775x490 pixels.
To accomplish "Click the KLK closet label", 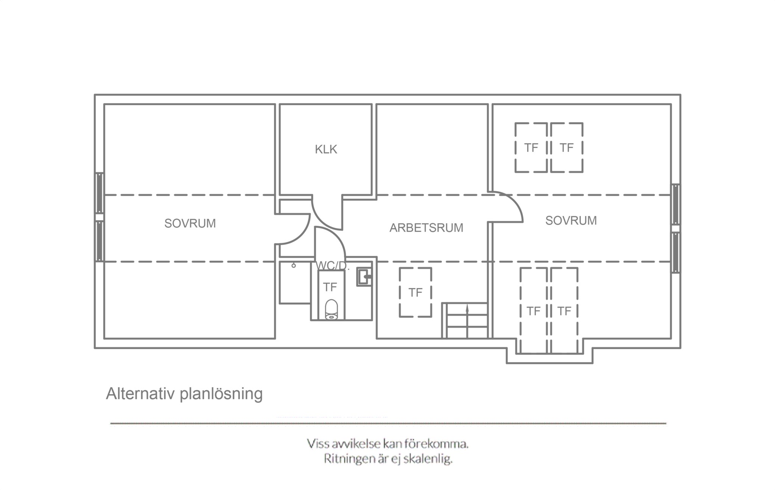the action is (x=326, y=149).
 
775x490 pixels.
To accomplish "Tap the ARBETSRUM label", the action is (x=426, y=228).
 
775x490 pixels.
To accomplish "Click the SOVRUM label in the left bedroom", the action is (x=190, y=224).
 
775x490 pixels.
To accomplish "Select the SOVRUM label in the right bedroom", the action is (x=571, y=221).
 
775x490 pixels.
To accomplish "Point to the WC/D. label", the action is (x=330, y=266).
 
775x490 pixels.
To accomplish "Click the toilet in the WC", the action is (x=331, y=309).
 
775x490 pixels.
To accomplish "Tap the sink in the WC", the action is (x=364, y=277).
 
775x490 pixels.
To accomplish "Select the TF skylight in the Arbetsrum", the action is (x=416, y=292).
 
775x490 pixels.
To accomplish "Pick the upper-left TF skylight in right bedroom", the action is (x=531, y=148).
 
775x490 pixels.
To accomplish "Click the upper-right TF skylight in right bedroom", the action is (x=566, y=148).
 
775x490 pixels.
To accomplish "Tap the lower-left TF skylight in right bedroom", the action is (x=534, y=311).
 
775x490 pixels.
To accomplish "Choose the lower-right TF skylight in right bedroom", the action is (x=564, y=311).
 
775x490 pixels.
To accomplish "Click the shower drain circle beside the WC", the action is (x=294, y=266).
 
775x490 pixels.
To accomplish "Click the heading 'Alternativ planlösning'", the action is (x=184, y=394).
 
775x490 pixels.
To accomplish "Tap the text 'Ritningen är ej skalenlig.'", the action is (x=388, y=459).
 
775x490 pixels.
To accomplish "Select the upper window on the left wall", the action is (x=100, y=193).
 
